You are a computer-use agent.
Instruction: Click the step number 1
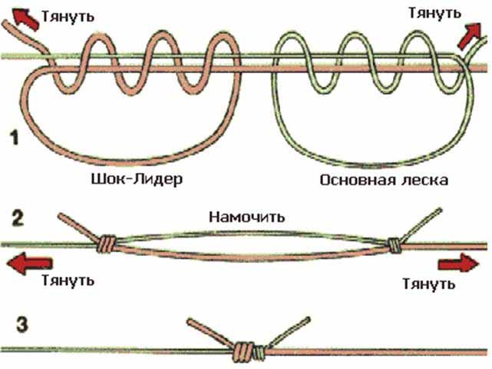tap(15, 138)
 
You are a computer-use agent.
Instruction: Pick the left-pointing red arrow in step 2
tap(23, 265)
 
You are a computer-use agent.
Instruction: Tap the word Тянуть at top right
tap(434, 13)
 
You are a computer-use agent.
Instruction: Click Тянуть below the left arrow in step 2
tap(68, 281)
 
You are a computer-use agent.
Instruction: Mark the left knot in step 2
tap(106, 245)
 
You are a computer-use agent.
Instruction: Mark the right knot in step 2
tap(394, 245)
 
